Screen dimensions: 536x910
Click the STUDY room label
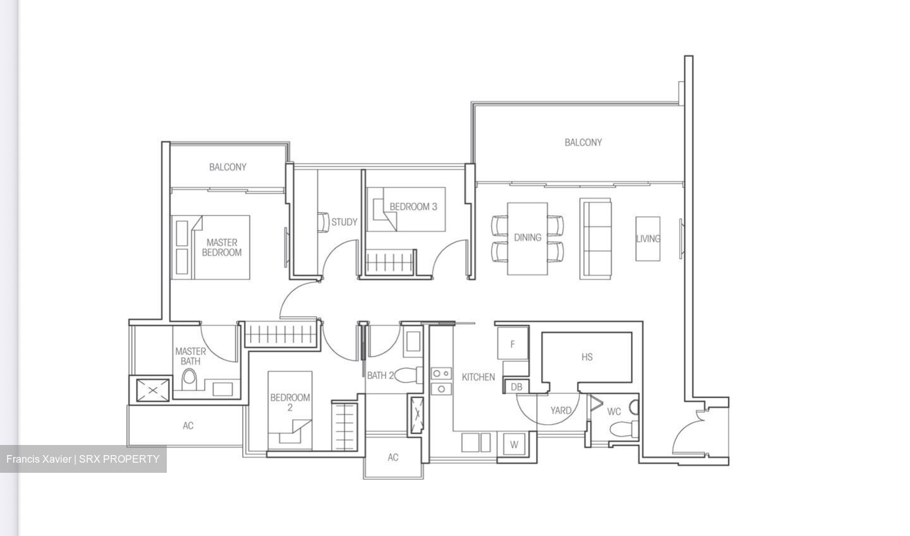(344, 222)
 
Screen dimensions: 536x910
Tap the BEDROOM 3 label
(413, 207)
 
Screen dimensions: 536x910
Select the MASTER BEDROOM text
(222, 247)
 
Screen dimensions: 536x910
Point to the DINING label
(528, 238)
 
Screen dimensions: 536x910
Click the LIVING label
(648, 238)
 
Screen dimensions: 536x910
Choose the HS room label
(587, 357)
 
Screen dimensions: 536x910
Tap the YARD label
(561, 410)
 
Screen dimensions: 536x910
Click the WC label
(614, 411)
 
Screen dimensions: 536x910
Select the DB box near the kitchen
(516, 387)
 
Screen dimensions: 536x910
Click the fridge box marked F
(513, 344)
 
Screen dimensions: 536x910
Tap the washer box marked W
(514, 444)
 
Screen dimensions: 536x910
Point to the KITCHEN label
(478, 377)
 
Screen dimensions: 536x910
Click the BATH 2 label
(380, 375)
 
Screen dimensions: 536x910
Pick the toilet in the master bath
(189, 379)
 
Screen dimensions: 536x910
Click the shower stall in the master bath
(150, 389)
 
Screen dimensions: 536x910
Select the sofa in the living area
(596, 238)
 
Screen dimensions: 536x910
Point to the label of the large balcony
(583, 143)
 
